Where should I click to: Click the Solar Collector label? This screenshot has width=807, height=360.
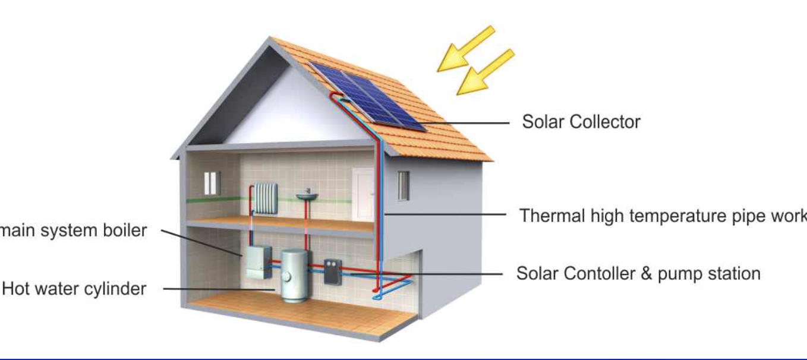(581, 122)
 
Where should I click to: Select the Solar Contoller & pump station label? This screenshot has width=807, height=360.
(638, 273)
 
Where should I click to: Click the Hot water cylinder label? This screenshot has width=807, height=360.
(74, 289)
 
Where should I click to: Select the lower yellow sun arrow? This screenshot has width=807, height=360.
(484, 72)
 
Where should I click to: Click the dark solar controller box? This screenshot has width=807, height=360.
(332, 271)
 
